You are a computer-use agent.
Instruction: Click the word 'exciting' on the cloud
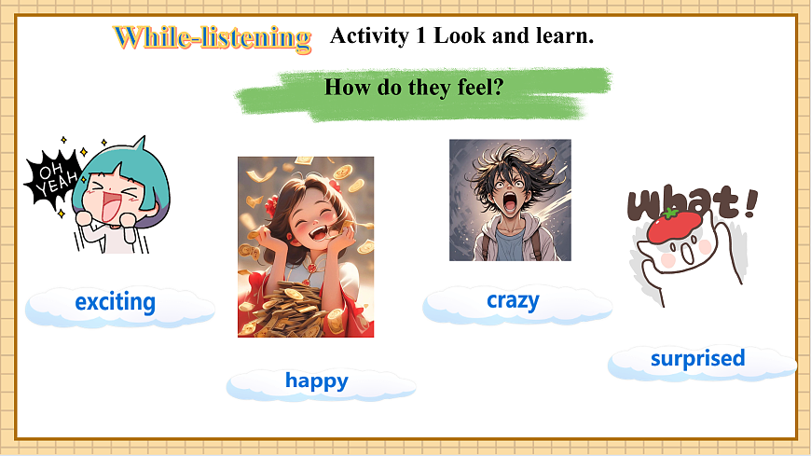tap(115, 302)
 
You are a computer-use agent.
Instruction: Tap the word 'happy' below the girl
tap(317, 380)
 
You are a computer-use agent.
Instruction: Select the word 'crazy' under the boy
tap(513, 300)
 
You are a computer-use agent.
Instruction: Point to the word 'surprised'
tap(697, 358)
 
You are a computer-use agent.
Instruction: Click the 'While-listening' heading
tap(213, 38)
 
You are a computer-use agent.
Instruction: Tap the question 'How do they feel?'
tap(415, 88)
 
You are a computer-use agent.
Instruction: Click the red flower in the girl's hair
tap(272, 203)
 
